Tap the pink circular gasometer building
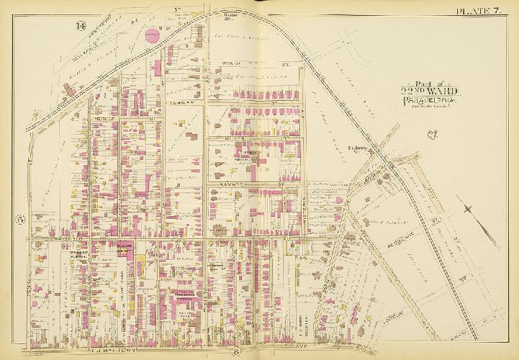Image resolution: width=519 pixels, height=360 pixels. (x=151, y=37)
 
